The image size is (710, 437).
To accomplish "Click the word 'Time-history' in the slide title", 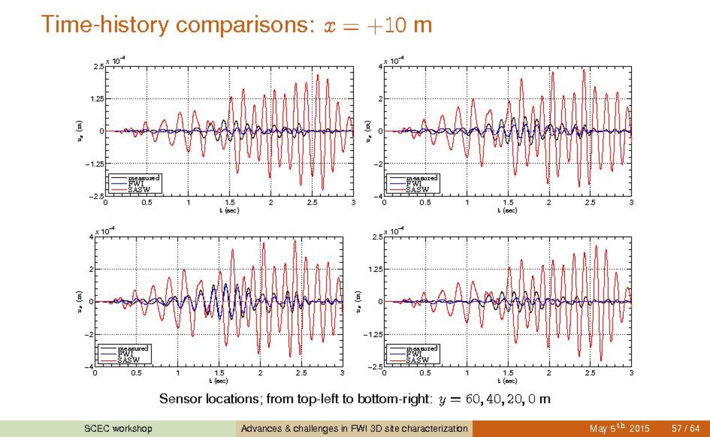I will (105, 24).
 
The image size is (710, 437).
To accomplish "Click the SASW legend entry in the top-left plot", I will (139, 190).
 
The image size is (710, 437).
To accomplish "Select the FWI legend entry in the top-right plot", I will (413, 184).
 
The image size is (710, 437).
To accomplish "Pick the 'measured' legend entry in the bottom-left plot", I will (132, 349).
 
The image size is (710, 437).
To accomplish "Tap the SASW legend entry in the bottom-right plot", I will (417, 360).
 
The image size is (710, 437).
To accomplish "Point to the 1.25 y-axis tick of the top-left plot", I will (97, 99).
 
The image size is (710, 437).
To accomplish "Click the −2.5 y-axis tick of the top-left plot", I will (95, 196).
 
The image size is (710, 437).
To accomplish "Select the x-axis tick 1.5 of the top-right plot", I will (508, 203).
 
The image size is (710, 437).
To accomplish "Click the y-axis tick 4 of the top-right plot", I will (380, 67).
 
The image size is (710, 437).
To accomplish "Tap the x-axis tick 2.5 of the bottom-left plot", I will (301, 373).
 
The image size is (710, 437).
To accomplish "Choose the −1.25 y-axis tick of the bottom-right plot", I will (373, 335).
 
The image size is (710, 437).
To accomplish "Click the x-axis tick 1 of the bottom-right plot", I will (467, 373).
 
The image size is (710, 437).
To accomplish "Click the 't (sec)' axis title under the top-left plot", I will (229, 210).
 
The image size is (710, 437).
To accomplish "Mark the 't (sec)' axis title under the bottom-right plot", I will (508, 381).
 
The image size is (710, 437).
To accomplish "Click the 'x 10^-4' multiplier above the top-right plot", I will (394, 60).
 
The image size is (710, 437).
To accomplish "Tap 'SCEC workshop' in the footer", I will (118, 429).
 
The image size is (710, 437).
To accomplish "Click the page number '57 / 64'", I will (685, 429).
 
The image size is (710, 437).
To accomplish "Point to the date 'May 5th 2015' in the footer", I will (619, 429).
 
